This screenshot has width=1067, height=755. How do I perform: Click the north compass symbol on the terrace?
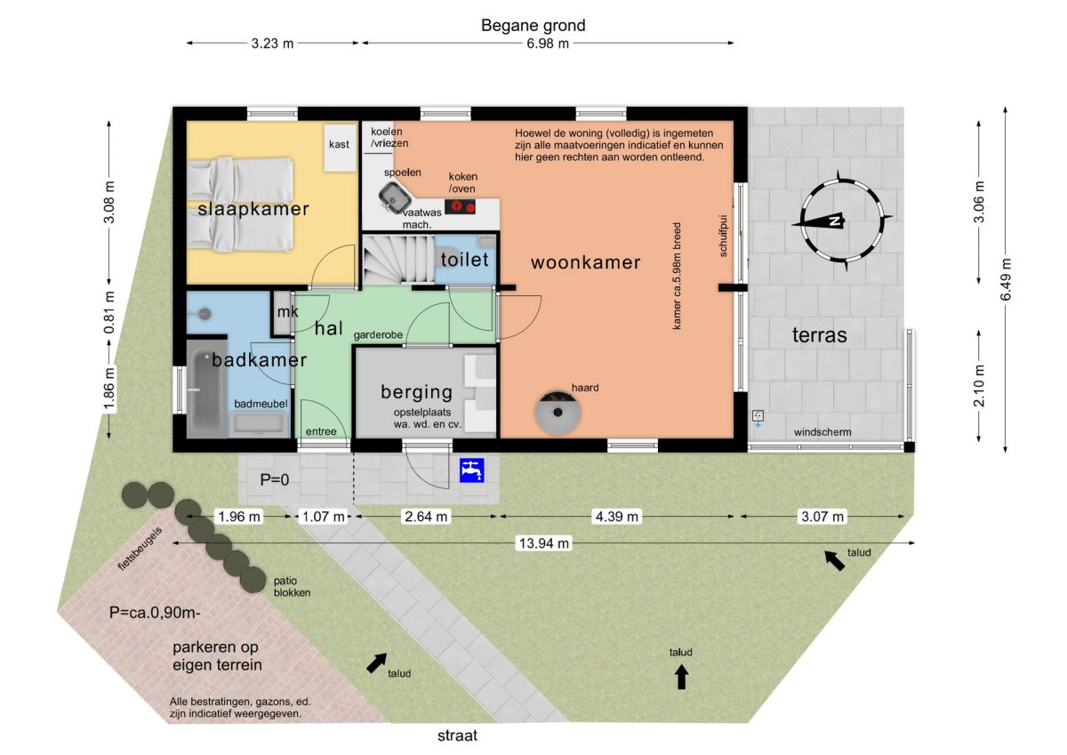[842, 221]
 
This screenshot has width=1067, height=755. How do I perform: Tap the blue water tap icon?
[471, 470]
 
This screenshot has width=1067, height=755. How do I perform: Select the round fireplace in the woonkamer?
[558, 412]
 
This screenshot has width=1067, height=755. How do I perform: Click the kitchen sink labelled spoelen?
[396, 197]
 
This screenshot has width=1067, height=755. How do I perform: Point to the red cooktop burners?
[461, 206]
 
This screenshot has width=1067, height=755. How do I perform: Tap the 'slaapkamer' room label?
[253, 209]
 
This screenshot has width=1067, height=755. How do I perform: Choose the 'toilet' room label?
[464, 260]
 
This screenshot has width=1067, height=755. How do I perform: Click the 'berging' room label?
[417, 391]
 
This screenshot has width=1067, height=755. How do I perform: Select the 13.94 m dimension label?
[544, 543]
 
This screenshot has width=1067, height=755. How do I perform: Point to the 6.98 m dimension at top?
[548, 44]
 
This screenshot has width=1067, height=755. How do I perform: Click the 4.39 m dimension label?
[617, 517]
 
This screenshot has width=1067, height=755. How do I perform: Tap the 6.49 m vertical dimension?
[1005, 279]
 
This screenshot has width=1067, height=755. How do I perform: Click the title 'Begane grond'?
[533, 25]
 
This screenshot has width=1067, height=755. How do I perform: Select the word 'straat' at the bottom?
[457, 735]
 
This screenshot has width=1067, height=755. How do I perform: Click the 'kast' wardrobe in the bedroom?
[340, 148]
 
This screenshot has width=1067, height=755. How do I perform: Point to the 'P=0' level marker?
[275, 479]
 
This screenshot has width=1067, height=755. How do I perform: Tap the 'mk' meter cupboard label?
[288, 311]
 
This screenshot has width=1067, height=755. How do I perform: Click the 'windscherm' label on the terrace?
[822, 432]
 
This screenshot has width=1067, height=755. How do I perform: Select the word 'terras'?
[819, 335]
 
